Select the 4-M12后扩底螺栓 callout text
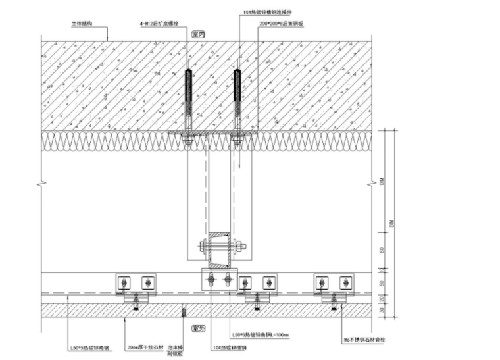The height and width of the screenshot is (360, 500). [x=157, y=24]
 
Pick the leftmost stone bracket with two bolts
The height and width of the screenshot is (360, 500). [x=135, y=283]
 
